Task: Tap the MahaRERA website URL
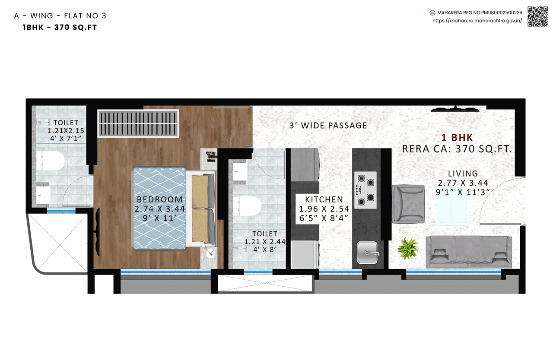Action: (477, 20)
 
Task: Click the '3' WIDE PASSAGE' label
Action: (328, 126)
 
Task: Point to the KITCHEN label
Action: (324, 199)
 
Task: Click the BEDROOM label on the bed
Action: (159, 199)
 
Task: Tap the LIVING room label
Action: (463, 174)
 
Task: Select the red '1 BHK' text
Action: (457, 138)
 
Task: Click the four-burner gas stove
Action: (365, 189)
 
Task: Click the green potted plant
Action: (408, 248)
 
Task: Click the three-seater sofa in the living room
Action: (469, 252)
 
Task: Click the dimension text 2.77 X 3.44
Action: (463, 183)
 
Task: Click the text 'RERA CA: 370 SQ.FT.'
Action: (457, 149)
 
